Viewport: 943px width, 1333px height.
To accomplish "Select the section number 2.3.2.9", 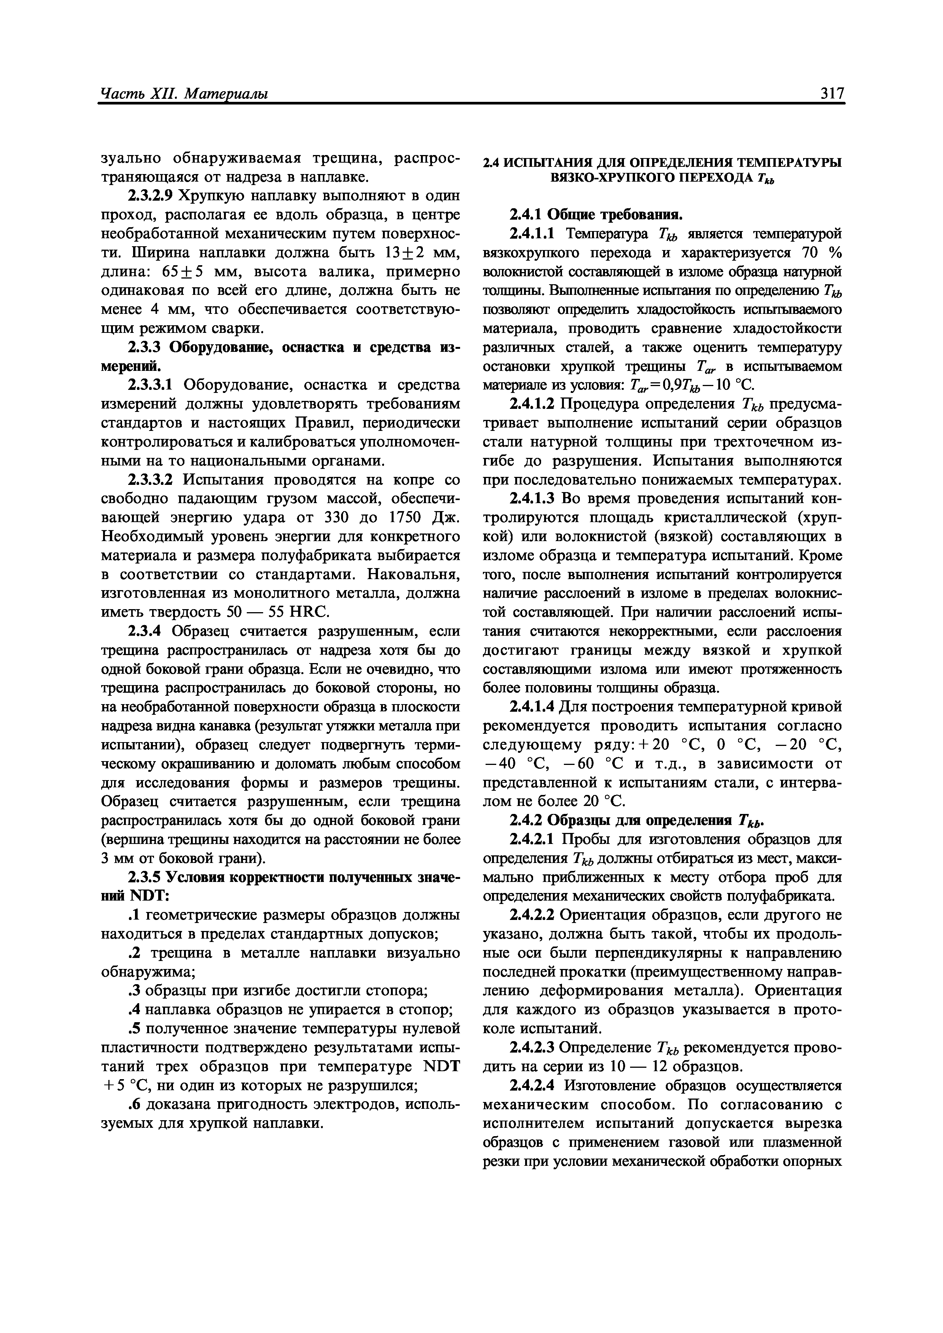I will point(150,196).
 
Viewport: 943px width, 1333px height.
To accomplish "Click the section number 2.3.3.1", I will point(150,385).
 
